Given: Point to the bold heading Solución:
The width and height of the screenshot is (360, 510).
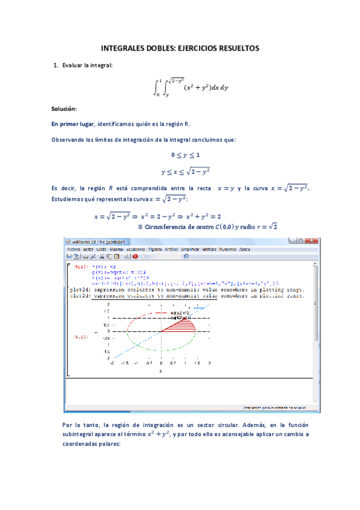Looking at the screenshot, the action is tap(64, 109).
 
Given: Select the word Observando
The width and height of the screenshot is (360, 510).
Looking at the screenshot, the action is tap(69, 140).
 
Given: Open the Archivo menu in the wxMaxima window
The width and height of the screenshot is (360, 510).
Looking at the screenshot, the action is tap(73, 248).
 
